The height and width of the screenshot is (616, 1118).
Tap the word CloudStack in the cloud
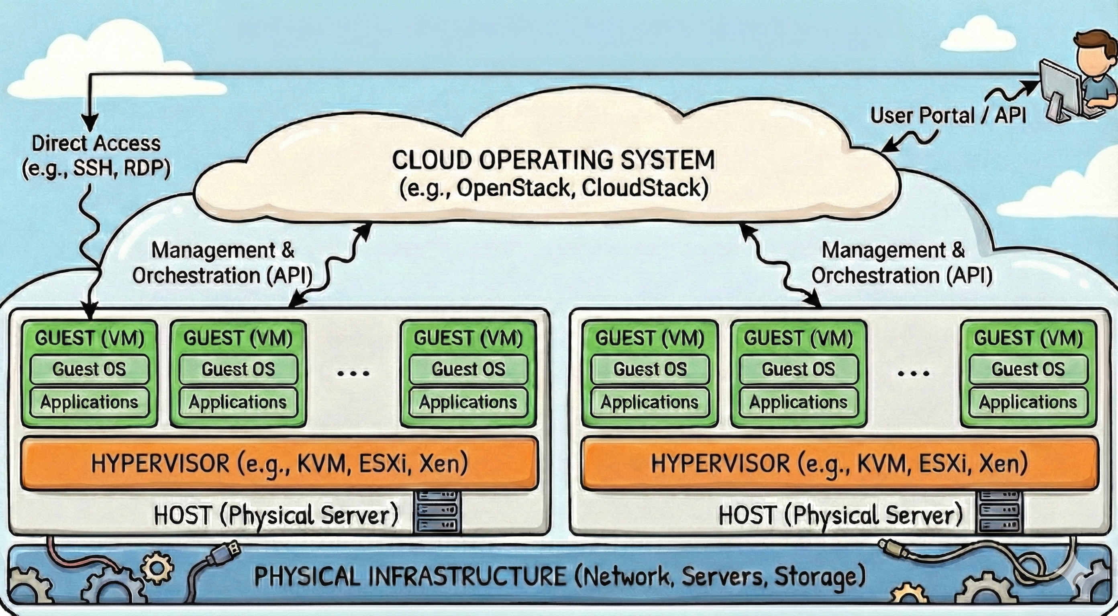641,188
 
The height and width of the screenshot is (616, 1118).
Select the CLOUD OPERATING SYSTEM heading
553,160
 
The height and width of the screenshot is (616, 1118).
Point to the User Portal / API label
948,116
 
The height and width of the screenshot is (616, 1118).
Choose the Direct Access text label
96,143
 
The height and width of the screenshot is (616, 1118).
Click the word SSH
93,168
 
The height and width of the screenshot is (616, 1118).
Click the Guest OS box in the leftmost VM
90,369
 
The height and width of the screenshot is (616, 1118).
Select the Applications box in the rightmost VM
1028,402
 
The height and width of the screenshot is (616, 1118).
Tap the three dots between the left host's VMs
353,373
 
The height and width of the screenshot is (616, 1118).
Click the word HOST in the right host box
747,515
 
